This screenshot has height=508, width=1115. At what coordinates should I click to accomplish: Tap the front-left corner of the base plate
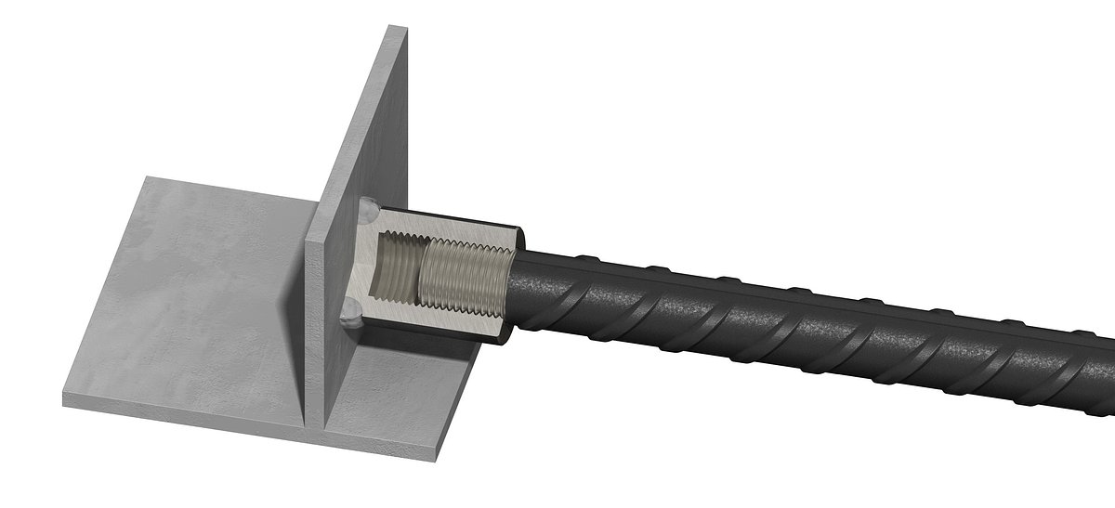[x=65, y=400]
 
